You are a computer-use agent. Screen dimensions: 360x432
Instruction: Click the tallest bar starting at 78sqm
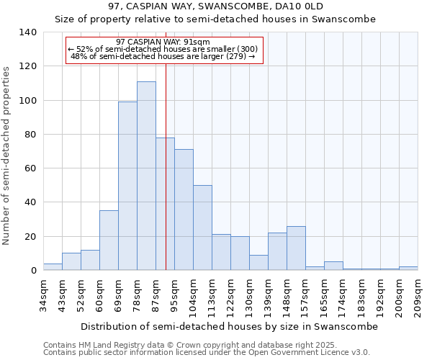pos(146,176)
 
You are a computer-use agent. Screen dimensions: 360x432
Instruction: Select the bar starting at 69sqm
pos(127,186)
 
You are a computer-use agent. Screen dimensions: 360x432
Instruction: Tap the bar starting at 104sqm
pos(202,228)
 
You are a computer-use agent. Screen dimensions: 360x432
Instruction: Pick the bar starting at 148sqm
pos(296,248)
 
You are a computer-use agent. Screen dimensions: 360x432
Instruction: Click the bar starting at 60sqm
pos(109,240)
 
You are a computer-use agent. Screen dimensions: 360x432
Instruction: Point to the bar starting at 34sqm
pos(53,267)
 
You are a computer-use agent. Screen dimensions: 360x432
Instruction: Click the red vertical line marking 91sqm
pos(166,180)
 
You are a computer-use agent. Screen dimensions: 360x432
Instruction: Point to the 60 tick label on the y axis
pos(30,168)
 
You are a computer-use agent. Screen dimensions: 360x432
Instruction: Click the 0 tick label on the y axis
pos(33,271)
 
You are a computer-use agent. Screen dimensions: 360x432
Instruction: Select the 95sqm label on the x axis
pos(174,294)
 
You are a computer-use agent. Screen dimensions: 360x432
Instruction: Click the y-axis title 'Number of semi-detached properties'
pos(7,155)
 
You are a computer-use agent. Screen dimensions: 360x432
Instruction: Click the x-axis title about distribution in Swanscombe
pos(229,326)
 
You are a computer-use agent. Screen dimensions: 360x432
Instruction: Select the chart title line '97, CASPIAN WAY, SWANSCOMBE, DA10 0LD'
pos(215,6)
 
